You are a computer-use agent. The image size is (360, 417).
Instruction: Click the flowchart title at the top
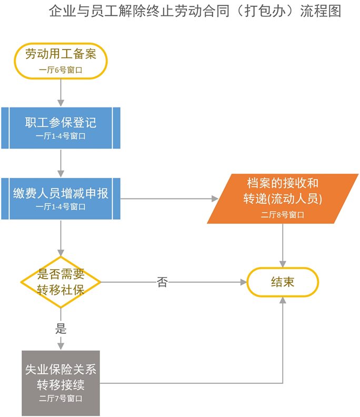[195, 11]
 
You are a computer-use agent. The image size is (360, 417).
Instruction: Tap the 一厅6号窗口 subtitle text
[61, 69]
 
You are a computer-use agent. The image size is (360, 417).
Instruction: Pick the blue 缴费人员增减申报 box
[61, 197]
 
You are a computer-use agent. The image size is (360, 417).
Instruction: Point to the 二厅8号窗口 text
[283, 215]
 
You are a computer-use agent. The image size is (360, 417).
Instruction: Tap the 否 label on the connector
[162, 282]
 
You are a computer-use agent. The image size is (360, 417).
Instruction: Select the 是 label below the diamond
[61, 330]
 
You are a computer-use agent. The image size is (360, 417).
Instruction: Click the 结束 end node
[283, 282]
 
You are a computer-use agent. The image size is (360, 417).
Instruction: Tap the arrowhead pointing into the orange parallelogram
[214, 198]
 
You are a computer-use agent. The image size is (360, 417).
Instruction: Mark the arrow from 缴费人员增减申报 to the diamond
[61, 237]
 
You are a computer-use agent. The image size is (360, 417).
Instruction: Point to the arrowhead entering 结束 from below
[283, 300]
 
